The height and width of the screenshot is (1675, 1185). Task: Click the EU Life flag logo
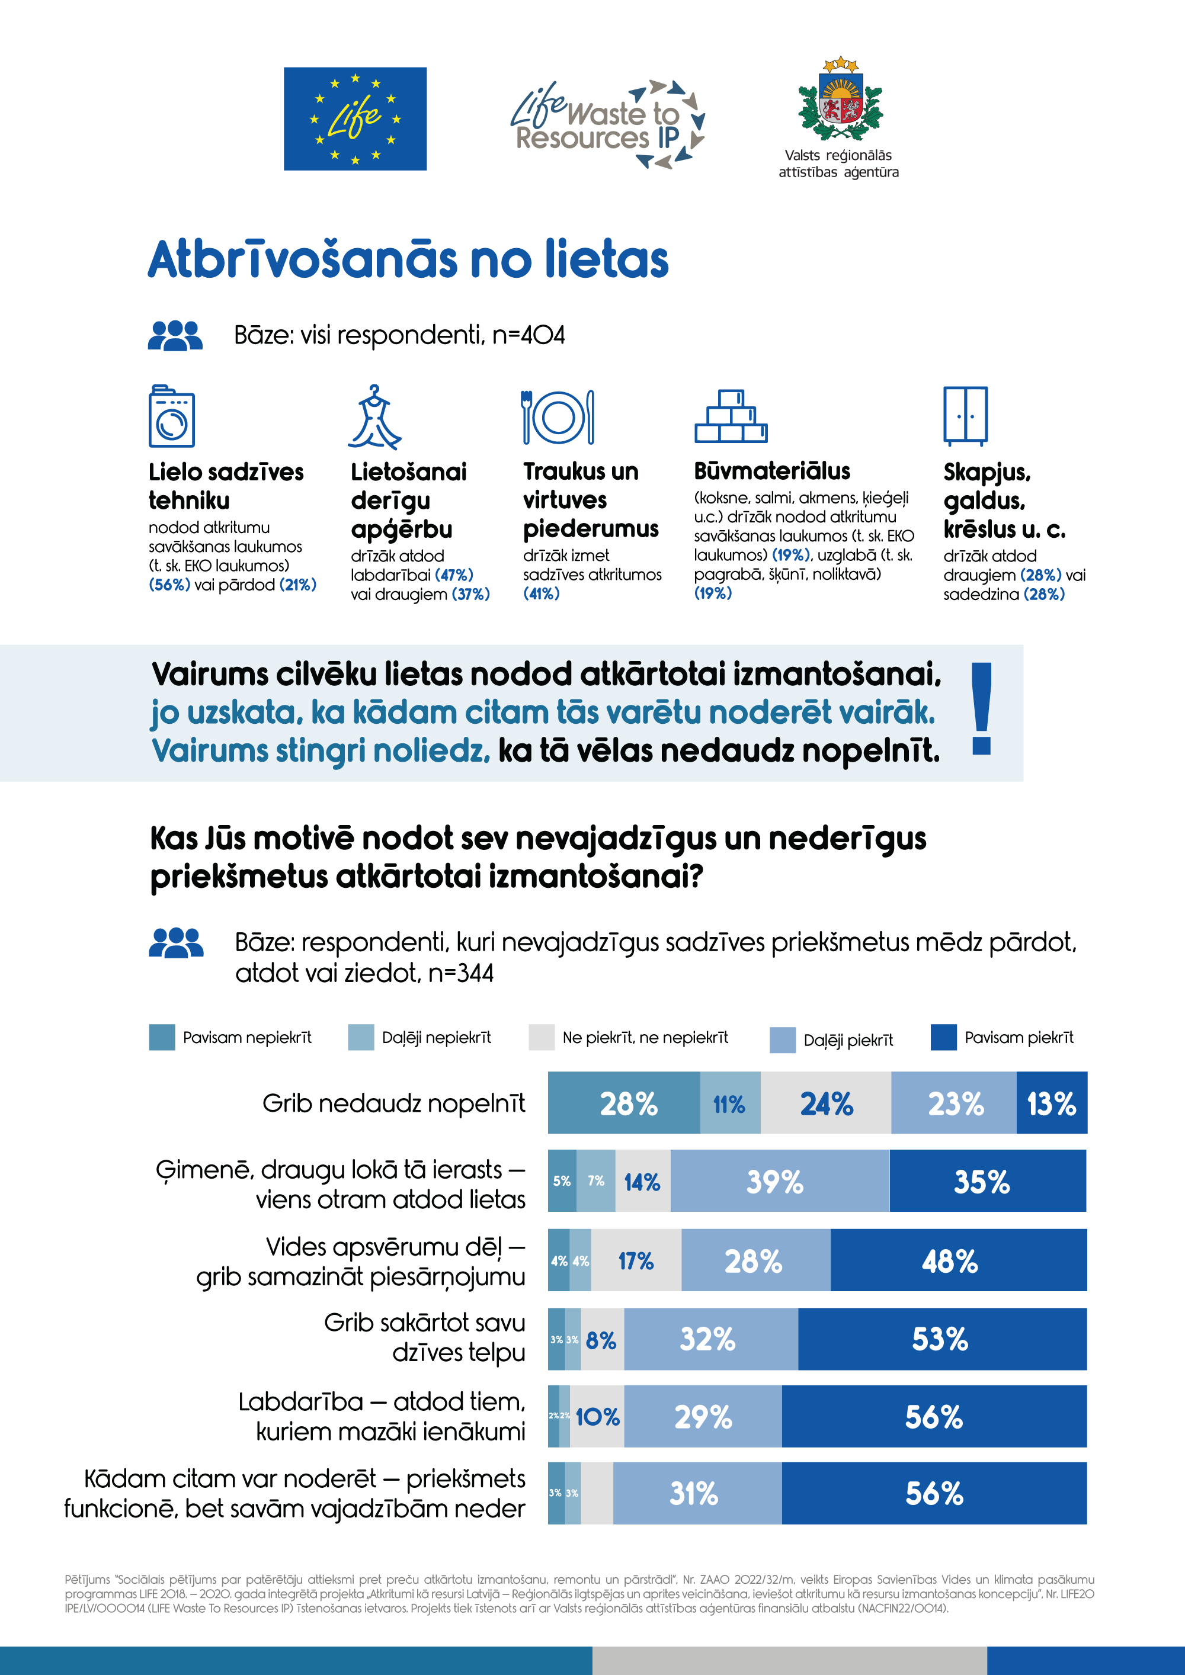355,119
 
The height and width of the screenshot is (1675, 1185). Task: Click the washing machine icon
171,416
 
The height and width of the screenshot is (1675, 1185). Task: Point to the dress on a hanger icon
374,418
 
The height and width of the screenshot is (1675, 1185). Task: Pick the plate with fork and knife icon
558,418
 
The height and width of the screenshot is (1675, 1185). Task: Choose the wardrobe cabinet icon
965,416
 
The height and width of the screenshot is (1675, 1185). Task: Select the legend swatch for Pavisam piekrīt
943,1037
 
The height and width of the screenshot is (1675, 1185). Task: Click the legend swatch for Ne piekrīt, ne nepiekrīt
542,1037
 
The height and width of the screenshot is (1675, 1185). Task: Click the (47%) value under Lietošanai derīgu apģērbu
454,575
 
